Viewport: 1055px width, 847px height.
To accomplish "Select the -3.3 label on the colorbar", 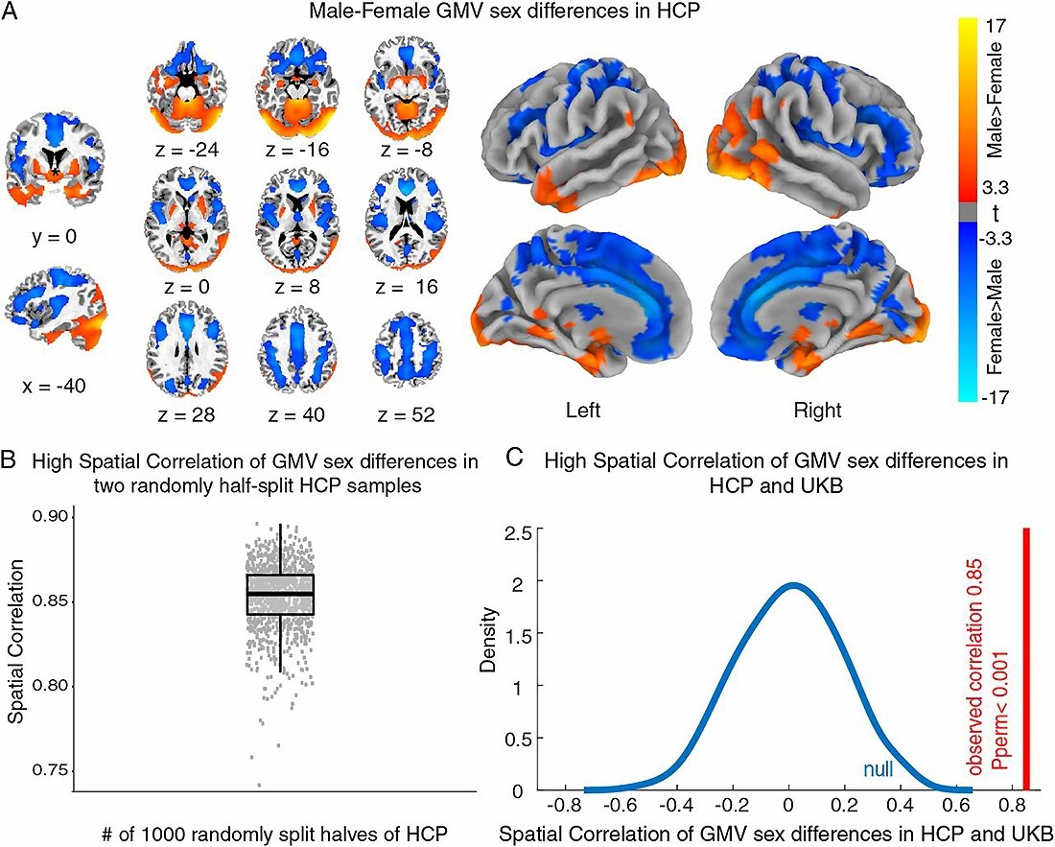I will tap(1020, 232).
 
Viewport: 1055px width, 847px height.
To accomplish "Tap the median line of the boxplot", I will tap(280, 594).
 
